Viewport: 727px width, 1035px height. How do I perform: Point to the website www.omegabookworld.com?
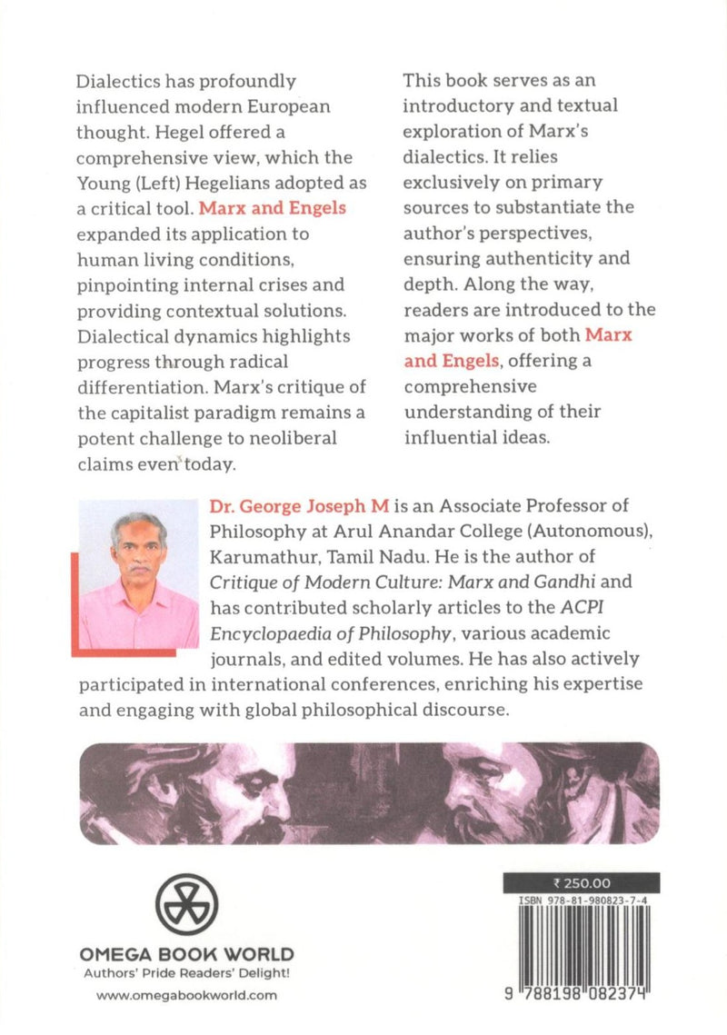(x=186, y=996)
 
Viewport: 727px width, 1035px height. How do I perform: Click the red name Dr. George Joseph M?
(x=285, y=505)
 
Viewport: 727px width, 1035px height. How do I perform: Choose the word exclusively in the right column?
(x=449, y=183)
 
